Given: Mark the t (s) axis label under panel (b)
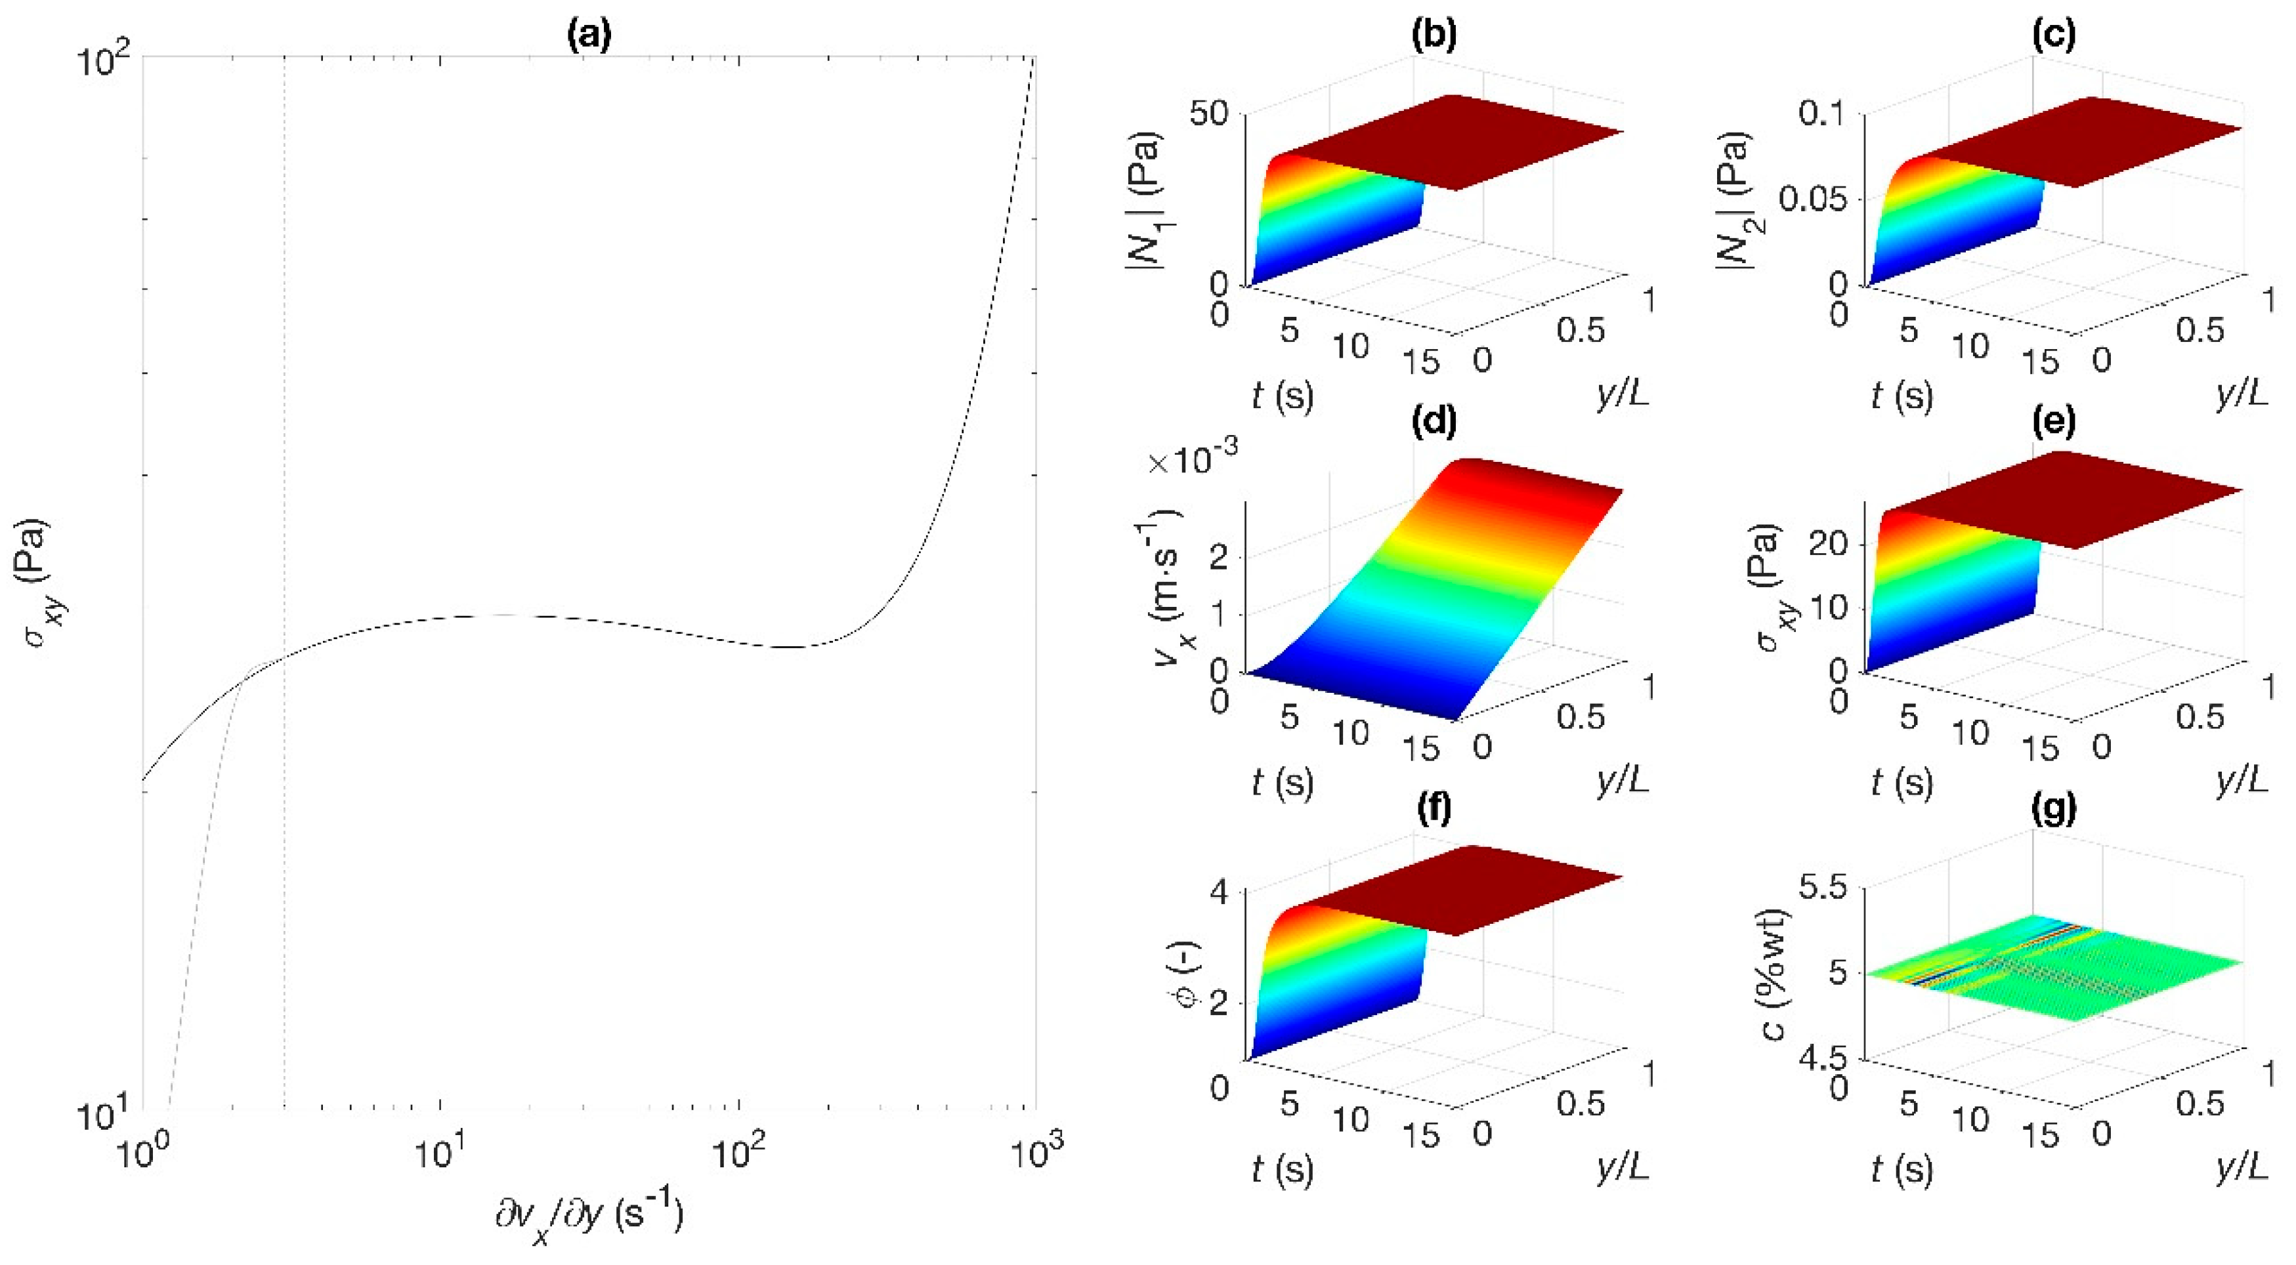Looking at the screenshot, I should click(1283, 394).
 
